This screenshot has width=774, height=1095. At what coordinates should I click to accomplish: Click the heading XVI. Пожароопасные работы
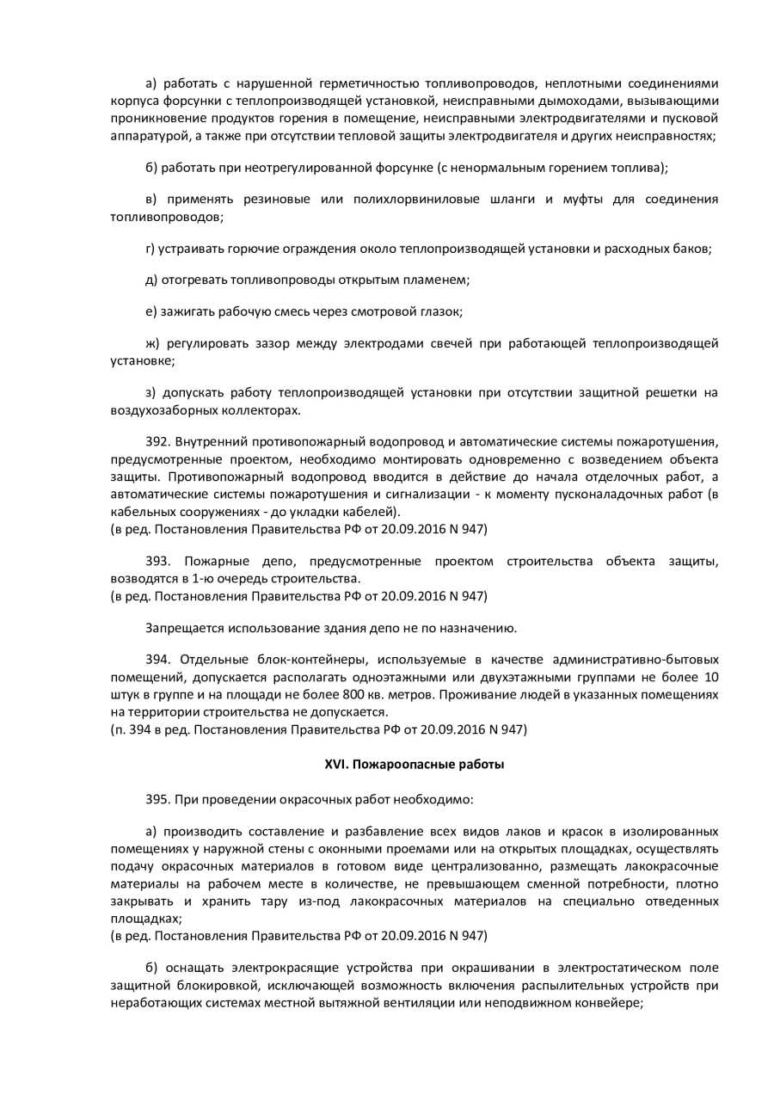coord(414,764)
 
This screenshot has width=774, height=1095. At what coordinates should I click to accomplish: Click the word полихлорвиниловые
coord(415,200)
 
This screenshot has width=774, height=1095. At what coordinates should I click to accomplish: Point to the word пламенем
coord(440,280)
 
